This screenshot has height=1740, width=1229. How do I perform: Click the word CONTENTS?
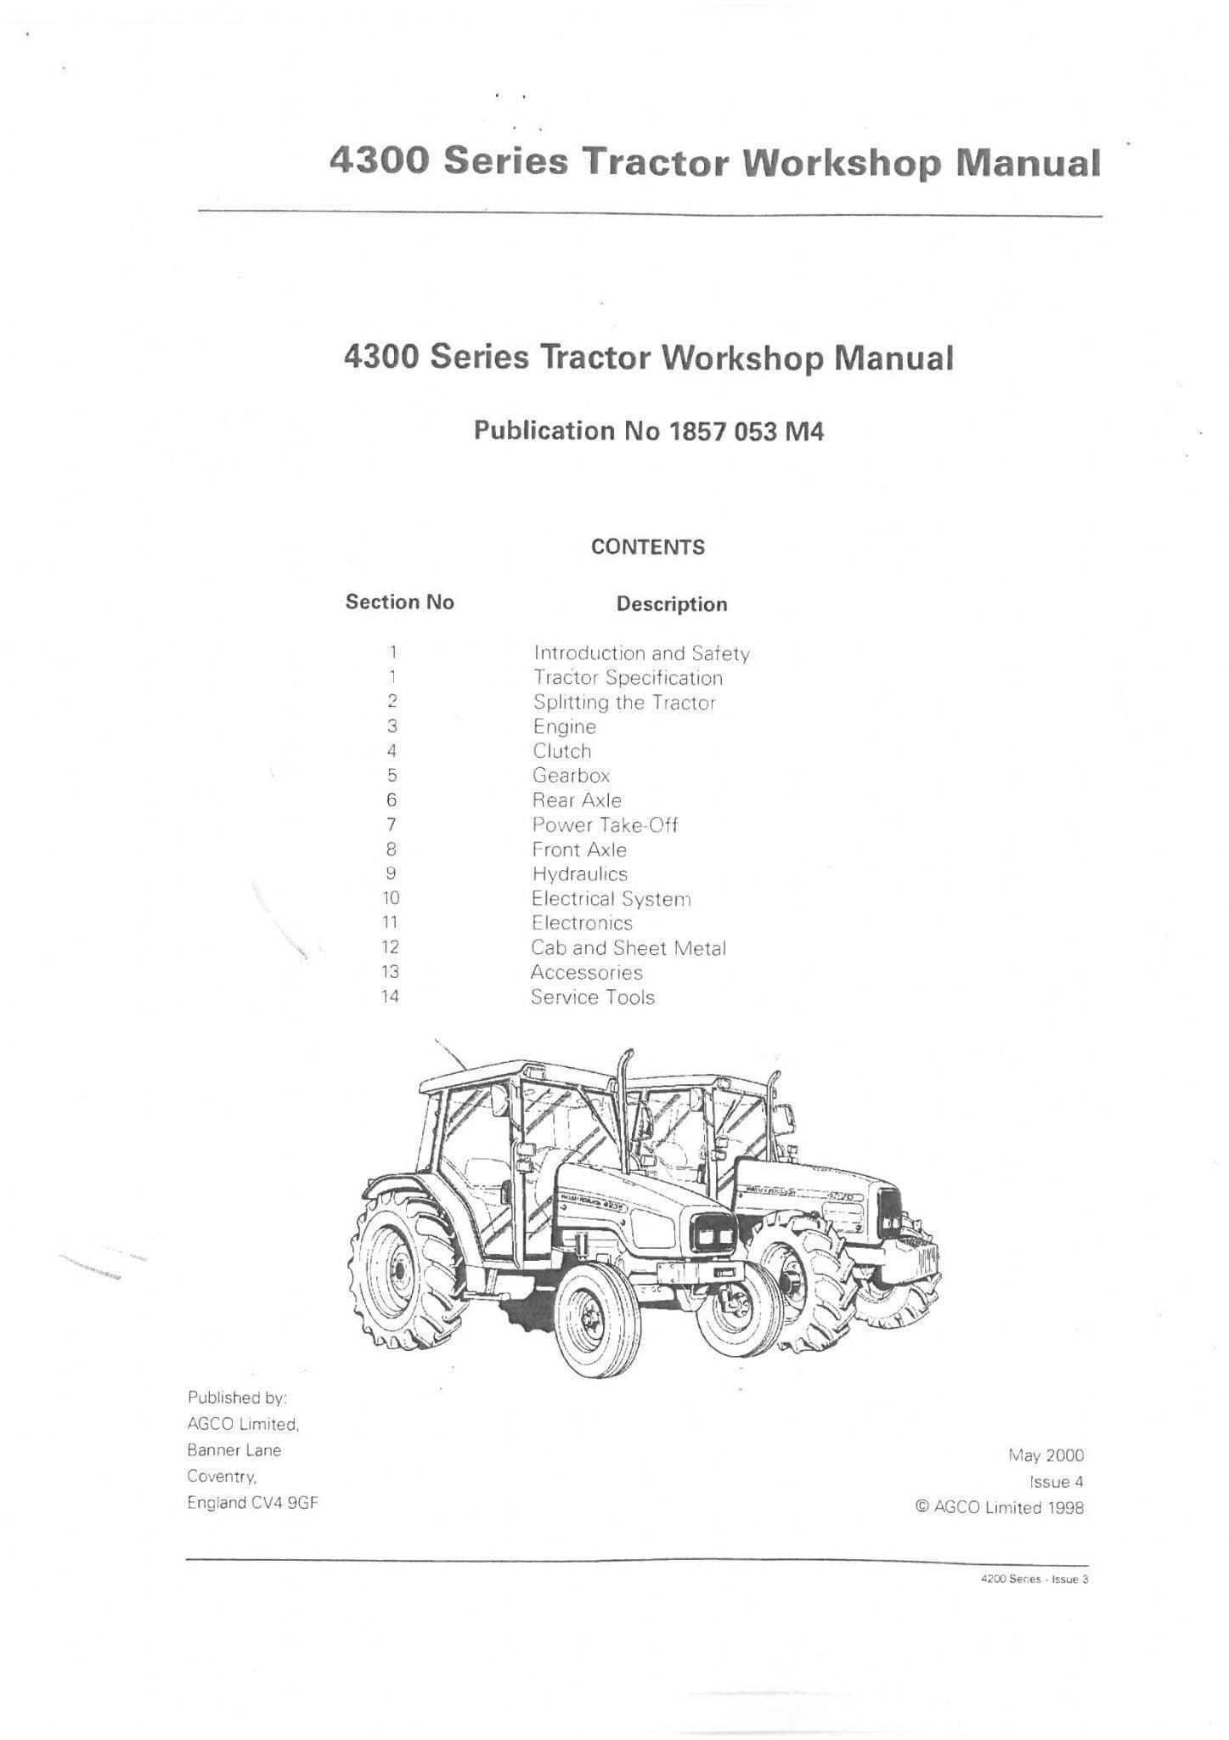click(x=648, y=547)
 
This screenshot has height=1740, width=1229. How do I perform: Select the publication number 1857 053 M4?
click(x=747, y=432)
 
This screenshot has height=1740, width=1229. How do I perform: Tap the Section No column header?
click(x=399, y=602)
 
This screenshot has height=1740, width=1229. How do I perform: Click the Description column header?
click(x=672, y=605)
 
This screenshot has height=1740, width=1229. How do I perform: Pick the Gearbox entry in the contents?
click(x=571, y=776)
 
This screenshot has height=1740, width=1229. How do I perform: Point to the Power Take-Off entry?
click(x=605, y=825)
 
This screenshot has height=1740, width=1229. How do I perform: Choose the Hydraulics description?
click(x=580, y=874)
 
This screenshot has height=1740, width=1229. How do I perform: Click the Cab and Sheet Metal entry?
click(x=629, y=948)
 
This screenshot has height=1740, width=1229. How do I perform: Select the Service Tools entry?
click(x=593, y=997)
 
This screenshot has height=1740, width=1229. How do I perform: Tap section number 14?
click(x=390, y=997)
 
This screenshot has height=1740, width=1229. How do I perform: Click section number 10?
click(x=391, y=898)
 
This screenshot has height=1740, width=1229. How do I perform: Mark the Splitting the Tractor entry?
click(x=624, y=703)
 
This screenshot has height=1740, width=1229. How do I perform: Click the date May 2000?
click(x=1046, y=1456)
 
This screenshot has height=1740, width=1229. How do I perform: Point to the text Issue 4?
click(x=1057, y=1482)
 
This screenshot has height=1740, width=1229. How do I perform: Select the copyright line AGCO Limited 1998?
click(x=1000, y=1508)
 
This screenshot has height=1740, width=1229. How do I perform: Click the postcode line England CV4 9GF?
click(x=253, y=1503)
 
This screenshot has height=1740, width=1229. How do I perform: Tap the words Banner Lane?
click(x=234, y=1450)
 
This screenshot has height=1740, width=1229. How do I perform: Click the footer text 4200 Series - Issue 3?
click(x=1034, y=1579)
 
